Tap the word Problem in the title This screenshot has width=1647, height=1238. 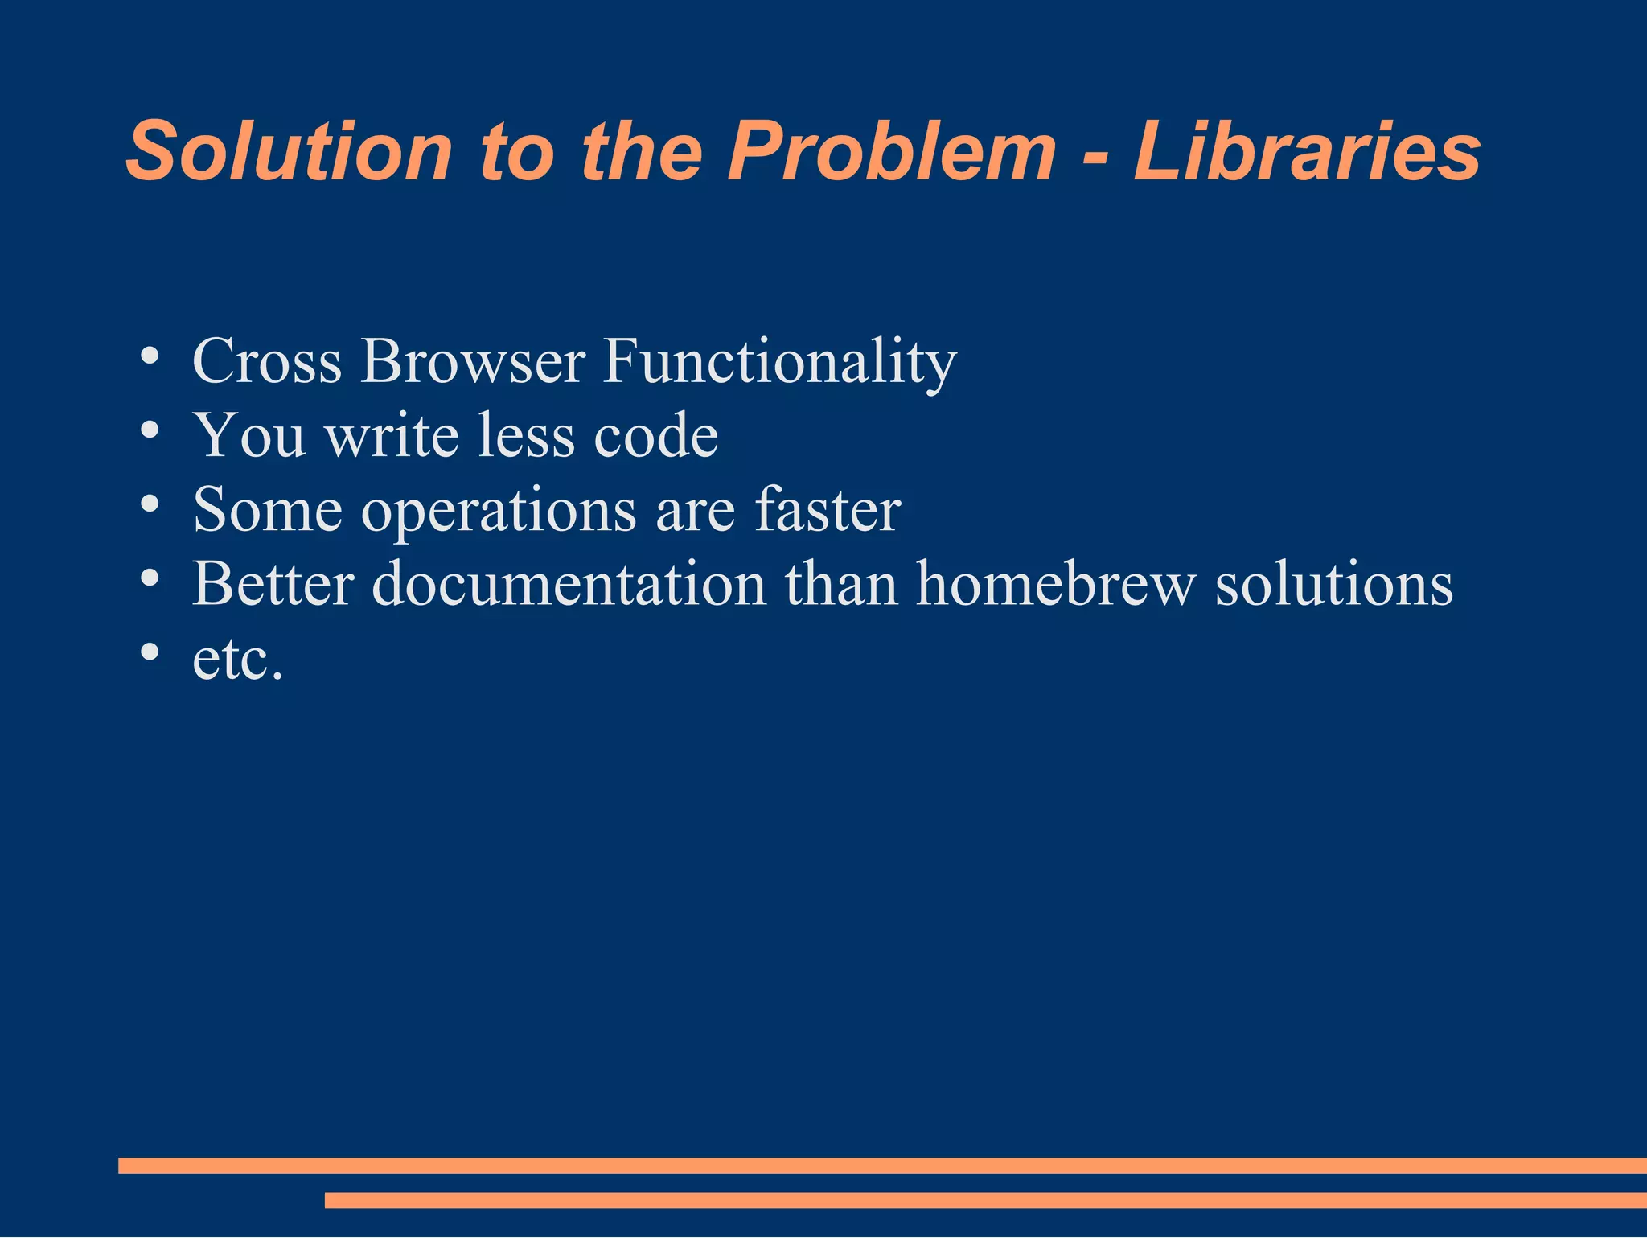coord(891,151)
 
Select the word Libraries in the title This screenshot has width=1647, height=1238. coord(1307,151)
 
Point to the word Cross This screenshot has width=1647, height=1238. coord(267,361)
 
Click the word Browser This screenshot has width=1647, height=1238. coord(473,361)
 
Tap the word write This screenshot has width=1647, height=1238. coord(392,435)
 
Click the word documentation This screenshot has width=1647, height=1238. coord(569,584)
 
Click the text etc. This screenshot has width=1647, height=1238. coord(238,660)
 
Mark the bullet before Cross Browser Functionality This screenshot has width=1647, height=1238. coord(149,356)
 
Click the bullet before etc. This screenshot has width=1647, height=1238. coord(149,652)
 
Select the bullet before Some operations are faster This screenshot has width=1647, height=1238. coord(149,504)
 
